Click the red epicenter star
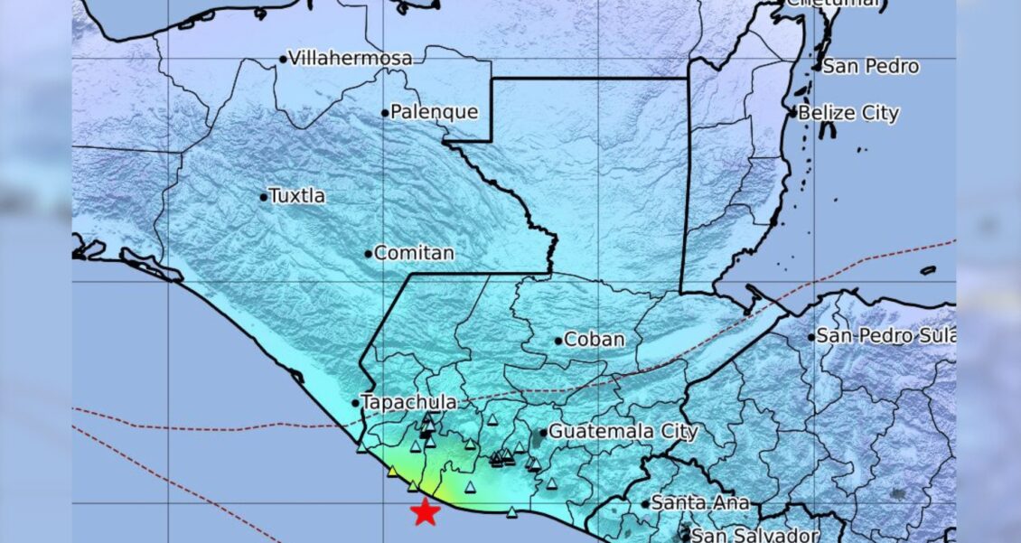(425, 512)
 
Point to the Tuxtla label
(298, 196)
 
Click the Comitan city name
(414, 254)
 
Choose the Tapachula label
(408, 402)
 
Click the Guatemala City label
(623, 432)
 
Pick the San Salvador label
(755, 535)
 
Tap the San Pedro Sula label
(885, 336)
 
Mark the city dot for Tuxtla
(264, 197)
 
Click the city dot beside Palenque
(384, 113)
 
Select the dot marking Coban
(558, 341)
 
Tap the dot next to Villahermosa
(283, 60)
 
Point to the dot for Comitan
(368, 254)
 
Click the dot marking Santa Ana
(646, 503)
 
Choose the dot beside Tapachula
(355, 403)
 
